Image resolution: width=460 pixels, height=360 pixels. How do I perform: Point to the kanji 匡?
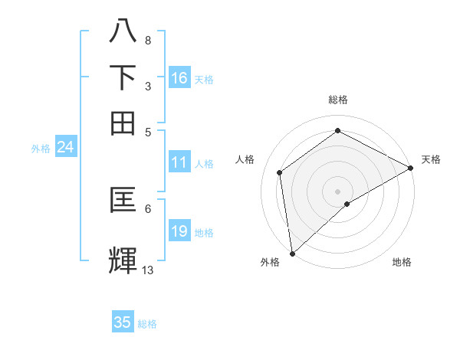coord(123,201)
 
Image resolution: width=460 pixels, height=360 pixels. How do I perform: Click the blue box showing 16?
coord(179,78)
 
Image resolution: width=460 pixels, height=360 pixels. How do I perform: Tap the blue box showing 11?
coord(179,162)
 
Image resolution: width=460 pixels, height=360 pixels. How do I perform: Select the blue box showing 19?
coord(179,231)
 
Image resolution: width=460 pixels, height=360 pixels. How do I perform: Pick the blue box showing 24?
coord(65,147)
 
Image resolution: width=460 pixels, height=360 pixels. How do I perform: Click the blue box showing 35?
coord(123,322)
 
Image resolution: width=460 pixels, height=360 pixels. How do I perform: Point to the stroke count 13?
coord(148,270)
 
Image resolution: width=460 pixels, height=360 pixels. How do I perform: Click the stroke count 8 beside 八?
coord(147,40)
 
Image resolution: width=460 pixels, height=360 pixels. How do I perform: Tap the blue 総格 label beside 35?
coord(148,324)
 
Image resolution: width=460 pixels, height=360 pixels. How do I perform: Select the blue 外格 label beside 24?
coord(41,149)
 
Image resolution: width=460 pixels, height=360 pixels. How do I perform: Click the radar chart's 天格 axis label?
coord(431,159)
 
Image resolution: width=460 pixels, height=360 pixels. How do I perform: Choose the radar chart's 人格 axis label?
coord(245,159)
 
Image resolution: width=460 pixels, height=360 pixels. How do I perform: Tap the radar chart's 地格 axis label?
coord(402,263)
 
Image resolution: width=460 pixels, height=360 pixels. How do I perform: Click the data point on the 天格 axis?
coord(410,168)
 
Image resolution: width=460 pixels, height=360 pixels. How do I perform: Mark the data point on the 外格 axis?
coord(292,253)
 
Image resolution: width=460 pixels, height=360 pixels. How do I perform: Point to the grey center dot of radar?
coord(337,191)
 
